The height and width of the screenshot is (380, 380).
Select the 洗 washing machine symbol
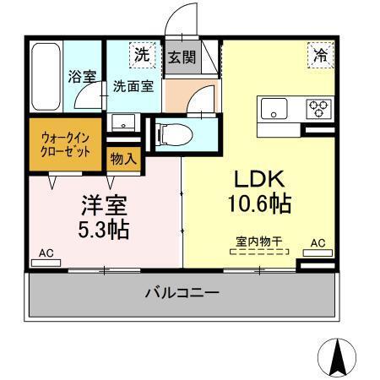pyautogui.click(x=142, y=54)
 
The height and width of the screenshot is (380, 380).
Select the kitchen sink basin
pyautogui.click(x=274, y=107)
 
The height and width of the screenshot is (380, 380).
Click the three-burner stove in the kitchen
pyautogui.click(x=318, y=107)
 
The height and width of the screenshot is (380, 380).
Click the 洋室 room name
pyautogui.click(x=105, y=205)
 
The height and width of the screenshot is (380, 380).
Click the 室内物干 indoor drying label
pyautogui.click(x=258, y=241)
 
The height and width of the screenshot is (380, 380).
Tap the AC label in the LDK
pyautogui.click(x=318, y=242)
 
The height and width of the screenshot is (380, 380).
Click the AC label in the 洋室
pyautogui.click(x=46, y=252)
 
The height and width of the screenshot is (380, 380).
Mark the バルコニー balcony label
pyautogui.click(x=182, y=293)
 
